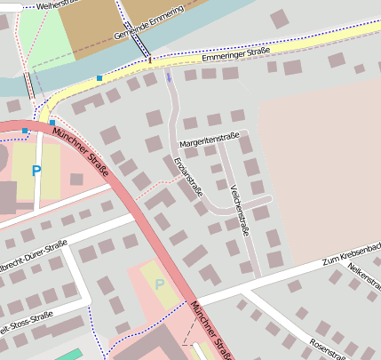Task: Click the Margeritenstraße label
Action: pyautogui.click(x=210, y=142)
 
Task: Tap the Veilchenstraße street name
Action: pyautogui.click(x=239, y=210)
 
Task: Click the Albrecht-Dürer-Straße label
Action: pyautogui.click(x=34, y=254)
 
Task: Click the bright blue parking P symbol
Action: pyautogui.click(x=36, y=169)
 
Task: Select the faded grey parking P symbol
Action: pyautogui.click(x=160, y=284)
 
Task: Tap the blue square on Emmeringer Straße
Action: pyautogui.click(x=99, y=78)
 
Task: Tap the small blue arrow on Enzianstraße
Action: pyautogui.click(x=169, y=77)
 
